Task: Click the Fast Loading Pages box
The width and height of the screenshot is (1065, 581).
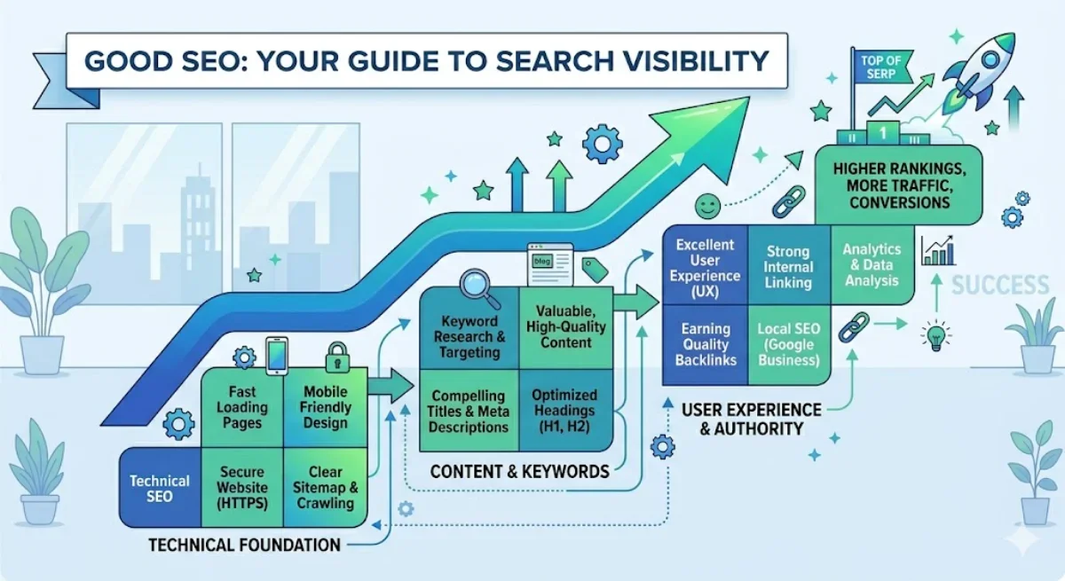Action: [242, 407]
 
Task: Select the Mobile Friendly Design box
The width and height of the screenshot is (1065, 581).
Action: [325, 407]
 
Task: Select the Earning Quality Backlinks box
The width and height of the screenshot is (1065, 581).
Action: [705, 343]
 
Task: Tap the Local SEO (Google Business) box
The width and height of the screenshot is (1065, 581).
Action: [788, 343]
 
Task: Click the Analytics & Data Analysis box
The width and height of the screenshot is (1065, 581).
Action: [872, 264]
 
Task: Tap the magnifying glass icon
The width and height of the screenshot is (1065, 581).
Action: [477, 287]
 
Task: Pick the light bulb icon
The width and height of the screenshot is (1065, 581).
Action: [934, 335]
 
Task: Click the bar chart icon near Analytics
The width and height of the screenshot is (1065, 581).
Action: [938, 251]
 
